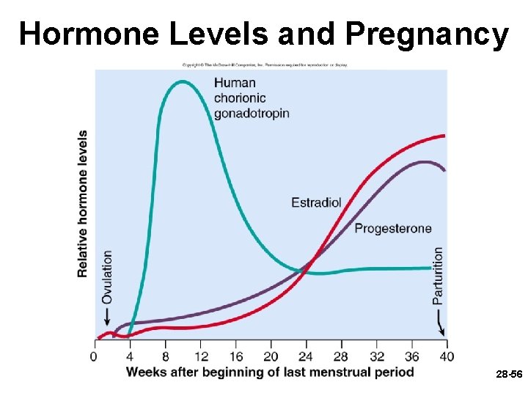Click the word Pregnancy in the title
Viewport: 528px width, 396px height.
[426, 34]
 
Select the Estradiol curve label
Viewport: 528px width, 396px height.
[316, 202]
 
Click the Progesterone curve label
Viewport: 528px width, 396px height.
[393, 228]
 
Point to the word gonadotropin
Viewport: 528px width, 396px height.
[252, 113]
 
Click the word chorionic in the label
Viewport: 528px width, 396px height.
[240, 98]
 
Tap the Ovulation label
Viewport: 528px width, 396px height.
[107, 276]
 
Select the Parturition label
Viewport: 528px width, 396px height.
[438, 275]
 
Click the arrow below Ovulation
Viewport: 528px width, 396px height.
[107, 317]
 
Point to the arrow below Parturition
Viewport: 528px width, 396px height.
[440, 322]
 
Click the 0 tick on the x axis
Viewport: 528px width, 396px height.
[94, 356]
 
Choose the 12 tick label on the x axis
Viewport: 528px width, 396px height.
[199, 356]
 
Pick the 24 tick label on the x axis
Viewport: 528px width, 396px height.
[305, 356]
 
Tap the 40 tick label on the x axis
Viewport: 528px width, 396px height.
[447, 356]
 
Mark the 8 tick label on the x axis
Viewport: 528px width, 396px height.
[164, 356]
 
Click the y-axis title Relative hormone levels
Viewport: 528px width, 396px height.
[83, 204]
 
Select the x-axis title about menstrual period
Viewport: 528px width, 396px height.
[270, 372]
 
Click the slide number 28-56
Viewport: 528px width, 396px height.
[509, 374]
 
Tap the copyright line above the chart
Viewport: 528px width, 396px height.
[265, 65]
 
